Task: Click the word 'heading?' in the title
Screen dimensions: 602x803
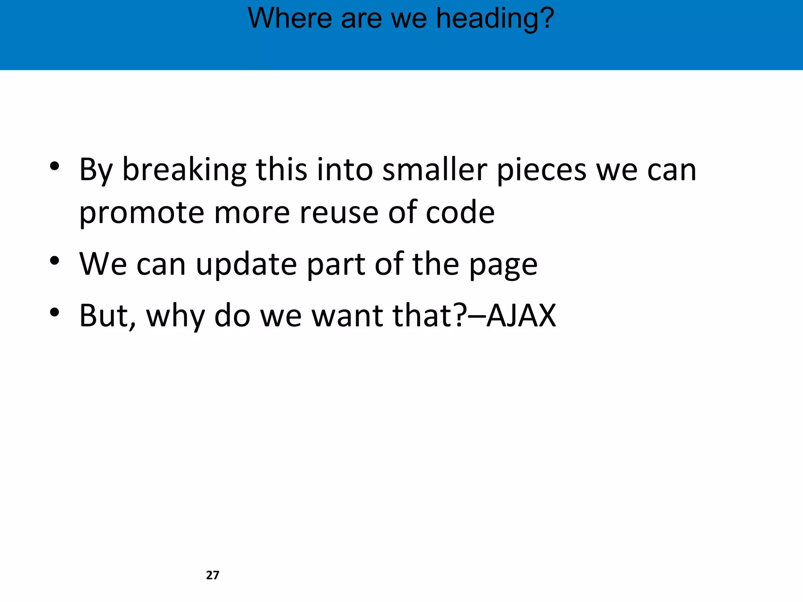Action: tap(495, 18)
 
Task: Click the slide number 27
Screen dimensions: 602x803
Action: tap(213, 575)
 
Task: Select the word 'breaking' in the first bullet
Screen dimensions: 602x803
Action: tap(184, 170)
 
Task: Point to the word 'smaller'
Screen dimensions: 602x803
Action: tap(434, 170)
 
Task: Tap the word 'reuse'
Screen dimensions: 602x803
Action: tap(339, 213)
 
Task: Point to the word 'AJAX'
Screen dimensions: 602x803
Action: tap(521, 316)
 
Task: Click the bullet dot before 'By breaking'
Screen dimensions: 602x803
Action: tap(55, 166)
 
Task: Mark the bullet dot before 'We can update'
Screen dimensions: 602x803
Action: tap(55, 261)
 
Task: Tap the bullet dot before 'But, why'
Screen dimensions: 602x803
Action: tap(55, 312)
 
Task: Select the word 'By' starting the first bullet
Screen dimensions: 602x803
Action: tap(96, 170)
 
